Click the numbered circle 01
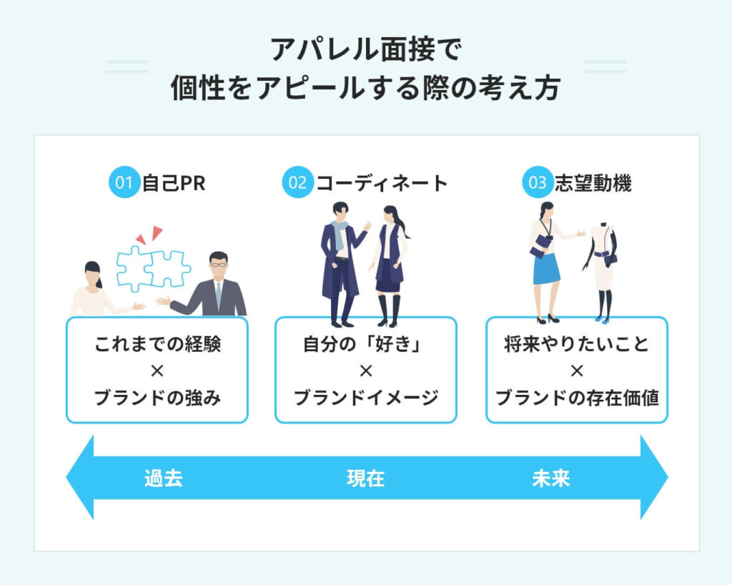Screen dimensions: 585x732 click(x=124, y=183)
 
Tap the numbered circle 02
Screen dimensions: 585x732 click(x=297, y=183)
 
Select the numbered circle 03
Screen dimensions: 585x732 click(x=537, y=183)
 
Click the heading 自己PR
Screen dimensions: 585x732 click(x=174, y=183)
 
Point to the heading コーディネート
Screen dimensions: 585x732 click(x=382, y=183)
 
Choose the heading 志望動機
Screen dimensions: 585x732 click(x=593, y=183)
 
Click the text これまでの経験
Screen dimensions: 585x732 click(x=157, y=345)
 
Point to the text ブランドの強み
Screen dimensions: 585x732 click(x=157, y=398)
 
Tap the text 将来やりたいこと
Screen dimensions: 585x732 click(x=577, y=345)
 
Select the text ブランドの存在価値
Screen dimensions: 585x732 click(x=577, y=398)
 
